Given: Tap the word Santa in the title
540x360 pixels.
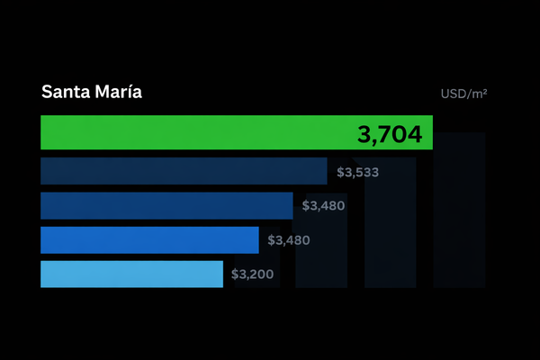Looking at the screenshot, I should (x=65, y=93).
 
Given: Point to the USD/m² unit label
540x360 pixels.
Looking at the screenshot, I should (x=463, y=93).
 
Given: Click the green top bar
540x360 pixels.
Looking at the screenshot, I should (x=198, y=132).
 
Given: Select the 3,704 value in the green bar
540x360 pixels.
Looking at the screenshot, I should (x=389, y=135).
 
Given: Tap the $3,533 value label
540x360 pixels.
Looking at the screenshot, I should (x=357, y=171).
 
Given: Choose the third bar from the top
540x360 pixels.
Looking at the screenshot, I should (x=166, y=206).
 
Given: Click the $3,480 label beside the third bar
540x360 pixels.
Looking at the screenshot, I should (x=323, y=206).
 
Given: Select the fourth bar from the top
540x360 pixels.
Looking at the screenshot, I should (x=149, y=240).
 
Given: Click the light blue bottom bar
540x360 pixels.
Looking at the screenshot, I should (x=131, y=274).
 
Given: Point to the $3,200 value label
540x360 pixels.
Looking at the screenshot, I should (x=252, y=274).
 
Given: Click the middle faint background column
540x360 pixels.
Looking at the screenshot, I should (x=390, y=261).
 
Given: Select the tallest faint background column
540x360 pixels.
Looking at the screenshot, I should (x=459, y=225).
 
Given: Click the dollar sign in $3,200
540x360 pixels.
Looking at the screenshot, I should (x=235, y=274).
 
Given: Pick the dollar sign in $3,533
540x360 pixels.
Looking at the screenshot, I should (x=340, y=171).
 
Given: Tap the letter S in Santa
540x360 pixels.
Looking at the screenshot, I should (x=47, y=93).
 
